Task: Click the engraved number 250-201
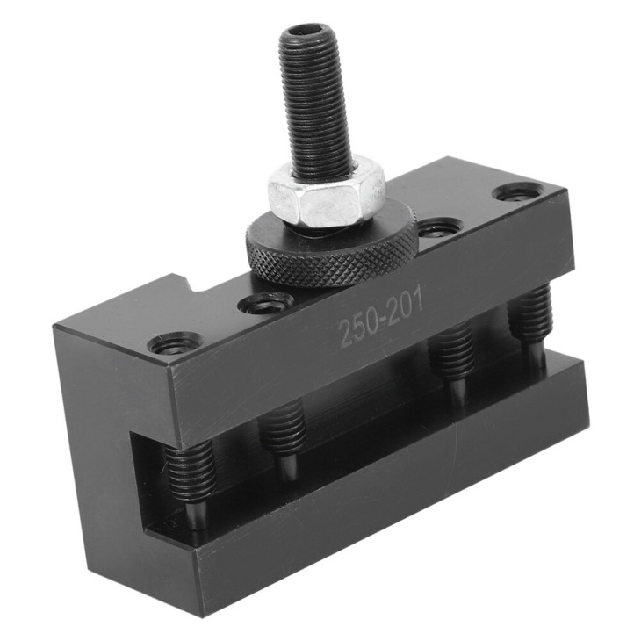click(382, 318)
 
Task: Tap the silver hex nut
click(327, 191)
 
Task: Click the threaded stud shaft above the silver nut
click(313, 105)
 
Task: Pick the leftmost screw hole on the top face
click(174, 343)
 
